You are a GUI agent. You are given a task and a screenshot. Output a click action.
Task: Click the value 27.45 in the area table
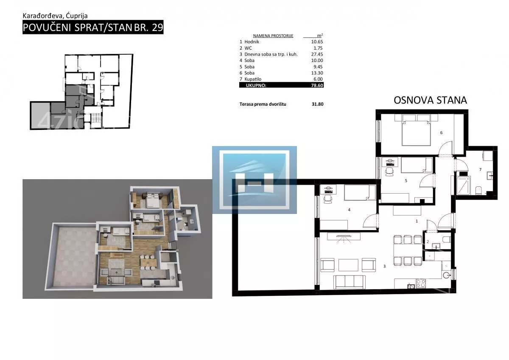pyautogui.click(x=317, y=54)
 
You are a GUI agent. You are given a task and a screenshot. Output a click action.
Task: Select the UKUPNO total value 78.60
pyautogui.click(x=317, y=85)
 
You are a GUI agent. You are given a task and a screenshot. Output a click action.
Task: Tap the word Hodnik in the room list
pyautogui.click(x=252, y=42)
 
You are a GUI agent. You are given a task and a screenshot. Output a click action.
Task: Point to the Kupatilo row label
pyautogui.click(x=253, y=79)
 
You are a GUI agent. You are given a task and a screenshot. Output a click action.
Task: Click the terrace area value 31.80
pyautogui.click(x=317, y=104)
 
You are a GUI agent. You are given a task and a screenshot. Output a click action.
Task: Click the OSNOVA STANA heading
pyautogui.click(x=430, y=100)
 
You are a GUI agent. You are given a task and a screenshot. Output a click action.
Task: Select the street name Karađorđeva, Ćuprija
pyautogui.click(x=55, y=16)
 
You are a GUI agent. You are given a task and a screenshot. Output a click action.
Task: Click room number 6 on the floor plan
pyautogui.click(x=441, y=132)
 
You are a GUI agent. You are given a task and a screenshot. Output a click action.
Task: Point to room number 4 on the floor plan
pyautogui.click(x=349, y=210)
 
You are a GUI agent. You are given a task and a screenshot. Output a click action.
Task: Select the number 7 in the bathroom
pyautogui.click(x=480, y=169)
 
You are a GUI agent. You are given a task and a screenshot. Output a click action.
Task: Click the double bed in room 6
pyautogui.click(x=416, y=130)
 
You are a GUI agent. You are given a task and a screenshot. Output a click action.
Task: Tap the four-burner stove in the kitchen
pyautogui.click(x=421, y=284)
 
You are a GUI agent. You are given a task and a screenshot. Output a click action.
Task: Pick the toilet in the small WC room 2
pyautogui.click(x=447, y=239)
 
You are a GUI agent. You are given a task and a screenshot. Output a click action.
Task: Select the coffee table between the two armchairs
pyautogui.click(x=348, y=265)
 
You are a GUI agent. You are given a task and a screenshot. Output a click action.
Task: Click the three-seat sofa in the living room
pyautogui.click(x=350, y=282)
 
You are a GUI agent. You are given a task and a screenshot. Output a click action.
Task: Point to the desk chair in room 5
pyautogui.click(x=389, y=172)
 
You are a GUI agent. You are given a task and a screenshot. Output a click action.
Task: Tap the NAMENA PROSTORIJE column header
pyautogui.click(x=273, y=36)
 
